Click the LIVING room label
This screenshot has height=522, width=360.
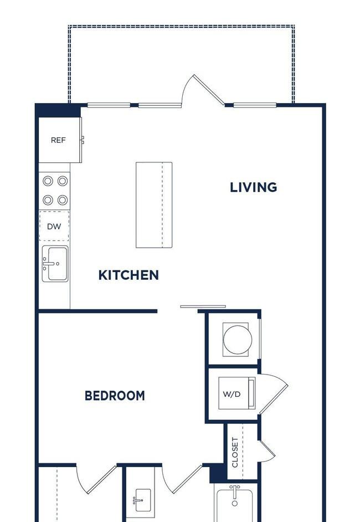click(254, 187)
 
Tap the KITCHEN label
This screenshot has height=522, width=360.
click(128, 275)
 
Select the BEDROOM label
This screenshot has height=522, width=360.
click(115, 396)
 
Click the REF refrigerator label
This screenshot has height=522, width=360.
click(58, 140)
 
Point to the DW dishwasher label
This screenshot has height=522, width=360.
click(54, 227)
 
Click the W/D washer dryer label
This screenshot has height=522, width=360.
click(232, 395)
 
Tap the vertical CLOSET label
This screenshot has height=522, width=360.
click(235, 452)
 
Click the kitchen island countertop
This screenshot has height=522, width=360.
click(154, 205)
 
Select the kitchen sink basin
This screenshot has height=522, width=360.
click(58, 264)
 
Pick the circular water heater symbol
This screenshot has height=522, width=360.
click(237, 340)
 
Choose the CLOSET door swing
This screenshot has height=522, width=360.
click(267, 450)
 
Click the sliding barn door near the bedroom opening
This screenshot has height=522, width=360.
click(203, 306)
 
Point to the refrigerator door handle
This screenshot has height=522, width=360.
click(83, 140)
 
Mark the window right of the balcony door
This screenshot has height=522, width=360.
click(255, 105)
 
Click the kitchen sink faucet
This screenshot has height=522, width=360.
click(48, 264)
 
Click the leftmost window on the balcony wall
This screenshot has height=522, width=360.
click(109, 105)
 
